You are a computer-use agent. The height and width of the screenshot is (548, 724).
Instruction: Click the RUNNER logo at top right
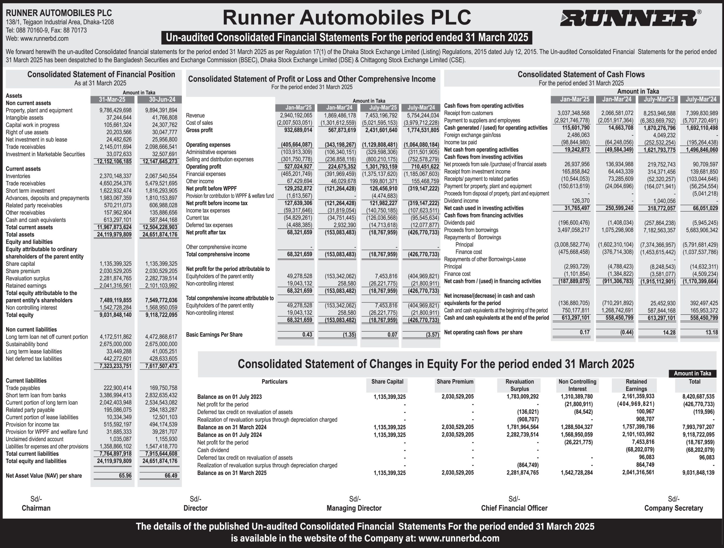pyautogui.click(x=629, y=18)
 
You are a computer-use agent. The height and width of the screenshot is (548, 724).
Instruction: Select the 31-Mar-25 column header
pyautogui.click(x=112, y=99)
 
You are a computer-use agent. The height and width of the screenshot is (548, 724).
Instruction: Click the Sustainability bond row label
pyautogui.click(x=27, y=344)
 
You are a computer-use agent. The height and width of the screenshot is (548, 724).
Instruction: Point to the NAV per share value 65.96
pyautogui.click(x=125, y=475)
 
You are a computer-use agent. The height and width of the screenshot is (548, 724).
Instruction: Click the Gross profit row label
pyautogui.click(x=199, y=130)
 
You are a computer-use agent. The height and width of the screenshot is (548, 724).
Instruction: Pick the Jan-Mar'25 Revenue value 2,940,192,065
pyautogui.click(x=296, y=116)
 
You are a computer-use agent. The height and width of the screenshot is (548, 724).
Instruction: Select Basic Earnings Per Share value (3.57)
pyautogui.click(x=432, y=335)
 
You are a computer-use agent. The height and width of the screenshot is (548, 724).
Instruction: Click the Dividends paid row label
pyautogui.click(x=459, y=223)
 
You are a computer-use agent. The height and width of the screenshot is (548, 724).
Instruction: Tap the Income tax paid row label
pyautogui.click(x=460, y=142)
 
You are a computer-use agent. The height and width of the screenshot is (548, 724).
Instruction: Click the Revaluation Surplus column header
pyautogui.click(x=520, y=385)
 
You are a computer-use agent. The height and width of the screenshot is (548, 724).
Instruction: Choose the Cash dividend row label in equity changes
pyautogui.click(x=213, y=450)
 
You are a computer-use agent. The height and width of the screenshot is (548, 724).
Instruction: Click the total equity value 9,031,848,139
pyautogui.click(x=698, y=473)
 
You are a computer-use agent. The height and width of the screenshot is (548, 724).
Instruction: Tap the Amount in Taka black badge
pyautogui.click(x=692, y=373)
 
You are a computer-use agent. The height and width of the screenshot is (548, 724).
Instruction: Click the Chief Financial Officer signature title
pyautogui.click(x=514, y=508)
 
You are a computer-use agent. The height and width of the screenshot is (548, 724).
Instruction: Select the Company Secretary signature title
pyautogui.click(x=673, y=508)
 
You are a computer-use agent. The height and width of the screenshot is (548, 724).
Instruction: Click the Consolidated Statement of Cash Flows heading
pyautogui.click(x=581, y=75)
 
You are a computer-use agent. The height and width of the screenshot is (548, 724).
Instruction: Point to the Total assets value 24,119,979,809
pyautogui.click(x=114, y=234)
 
